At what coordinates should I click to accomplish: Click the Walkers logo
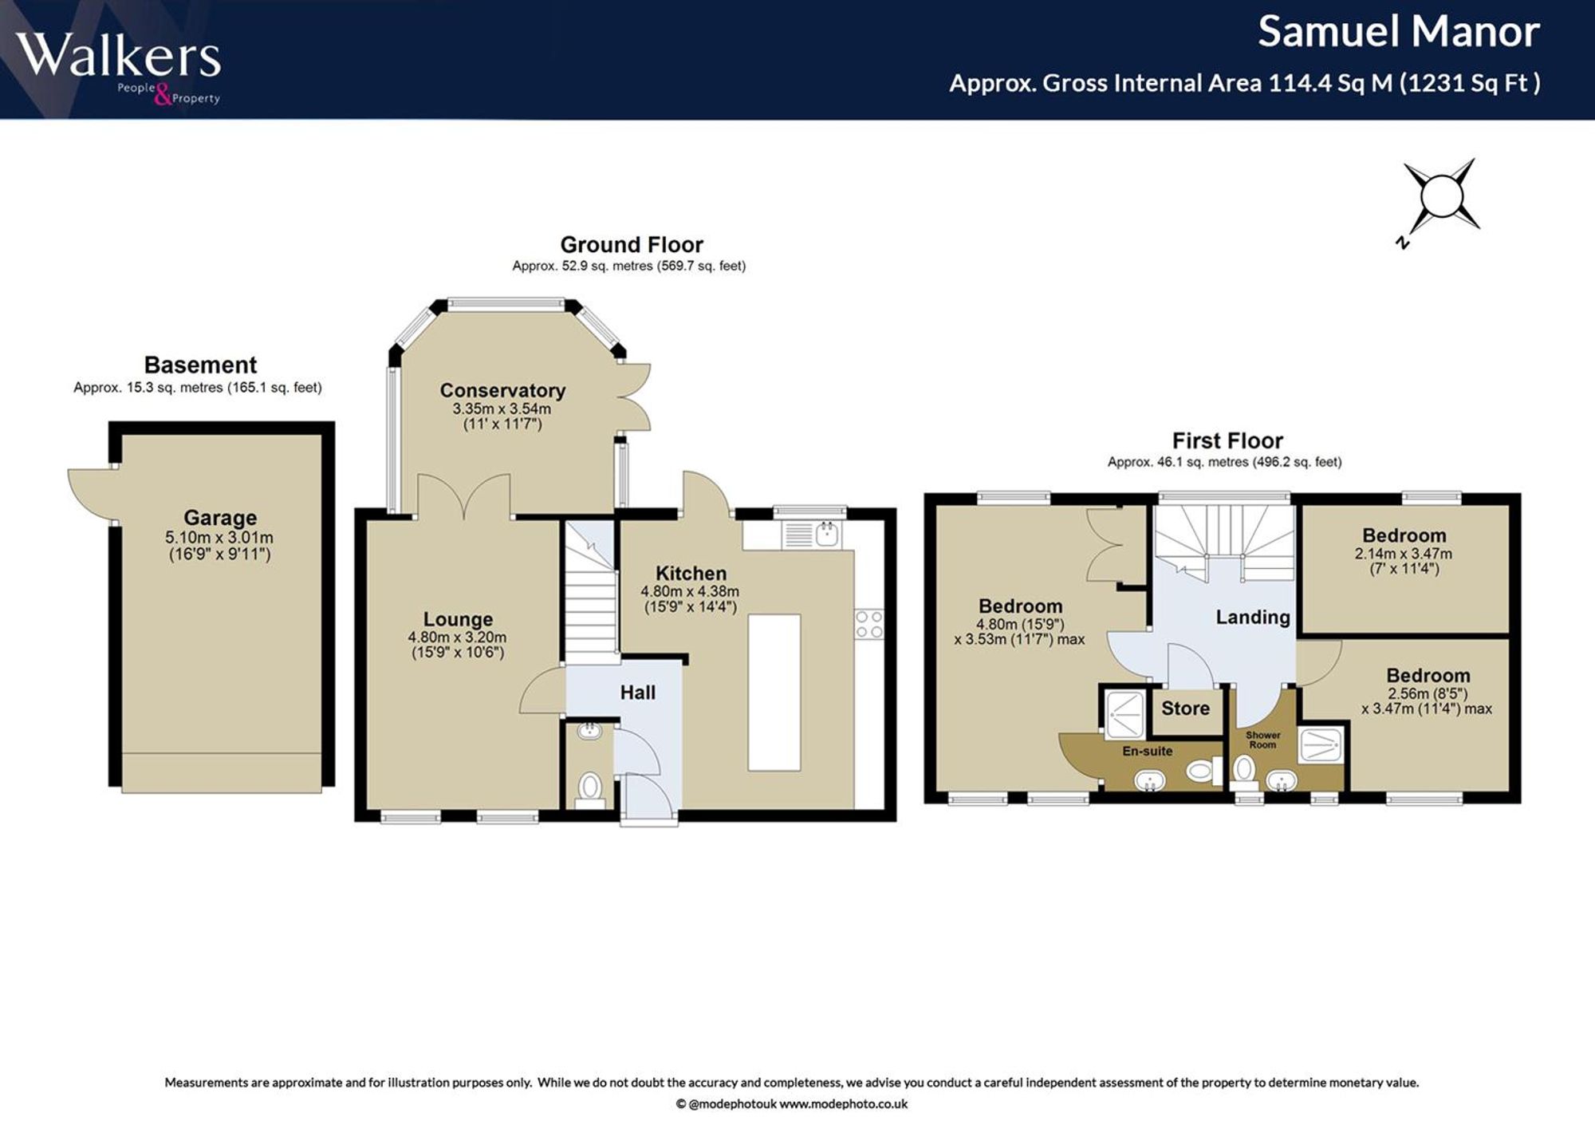118,67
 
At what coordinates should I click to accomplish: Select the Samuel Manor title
1399,32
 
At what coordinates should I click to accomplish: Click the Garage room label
220,518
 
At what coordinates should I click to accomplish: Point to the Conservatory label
502,390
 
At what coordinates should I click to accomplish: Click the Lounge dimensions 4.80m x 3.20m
457,638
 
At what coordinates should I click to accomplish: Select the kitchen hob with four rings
868,624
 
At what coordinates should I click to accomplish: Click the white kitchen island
774,692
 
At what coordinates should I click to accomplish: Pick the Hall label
638,693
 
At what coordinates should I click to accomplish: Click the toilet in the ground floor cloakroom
590,788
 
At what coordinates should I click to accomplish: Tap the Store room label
1185,709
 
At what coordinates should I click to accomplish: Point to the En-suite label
1148,751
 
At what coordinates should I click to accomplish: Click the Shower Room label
1262,740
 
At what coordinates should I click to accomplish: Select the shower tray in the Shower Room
1321,745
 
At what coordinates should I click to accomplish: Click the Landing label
1253,617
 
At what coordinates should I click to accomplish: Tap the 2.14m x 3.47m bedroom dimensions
1404,553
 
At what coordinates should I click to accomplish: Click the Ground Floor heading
632,244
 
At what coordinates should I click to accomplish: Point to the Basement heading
200,365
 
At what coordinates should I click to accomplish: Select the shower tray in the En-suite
1124,713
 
